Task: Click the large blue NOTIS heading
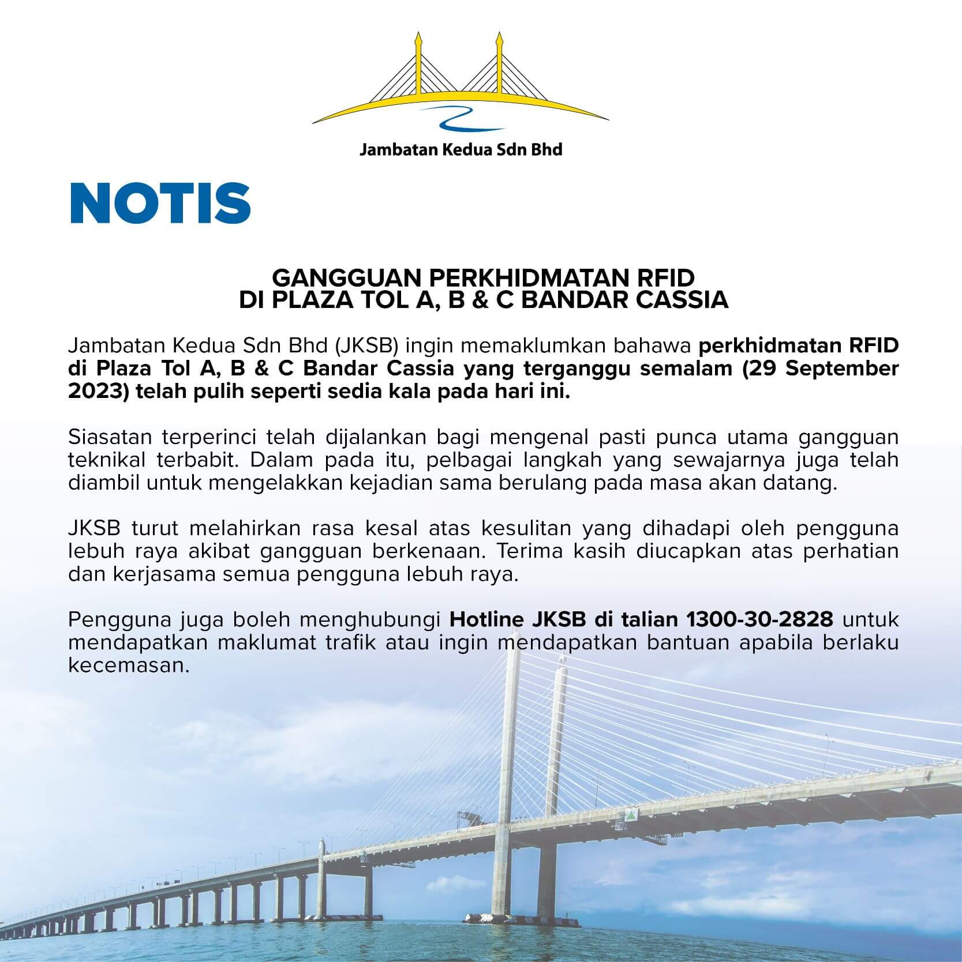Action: [160, 204]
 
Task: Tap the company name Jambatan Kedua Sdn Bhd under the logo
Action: [461, 151]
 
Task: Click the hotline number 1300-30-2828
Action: [759, 619]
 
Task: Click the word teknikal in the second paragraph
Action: [106, 460]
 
